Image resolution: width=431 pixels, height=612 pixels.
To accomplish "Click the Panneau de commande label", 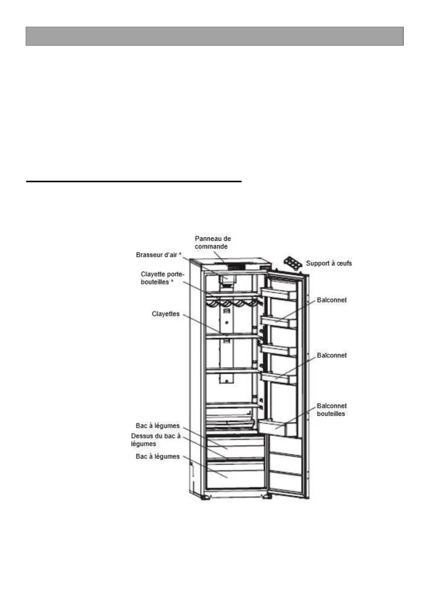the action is pyautogui.click(x=212, y=243).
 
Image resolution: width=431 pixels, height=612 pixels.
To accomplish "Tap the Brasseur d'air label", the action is pyautogui.click(x=159, y=254).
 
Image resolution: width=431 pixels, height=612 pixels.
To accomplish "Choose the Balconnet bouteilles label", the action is pyautogui.click(x=331, y=409).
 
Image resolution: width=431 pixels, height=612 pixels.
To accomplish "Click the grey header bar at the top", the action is pyautogui.click(x=214, y=36).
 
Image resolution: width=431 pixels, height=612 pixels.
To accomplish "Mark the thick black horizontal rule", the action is pyautogui.click(x=133, y=181).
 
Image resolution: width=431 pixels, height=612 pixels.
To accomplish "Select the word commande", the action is pyautogui.click(x=212, y=246).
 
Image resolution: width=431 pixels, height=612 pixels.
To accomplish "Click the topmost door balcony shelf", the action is pyautogui.click(x=279, y=294).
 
